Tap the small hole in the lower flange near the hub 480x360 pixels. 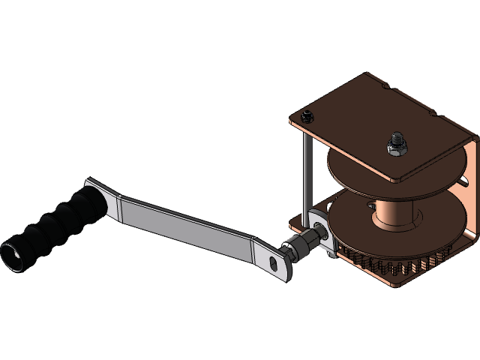click(369, 204)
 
